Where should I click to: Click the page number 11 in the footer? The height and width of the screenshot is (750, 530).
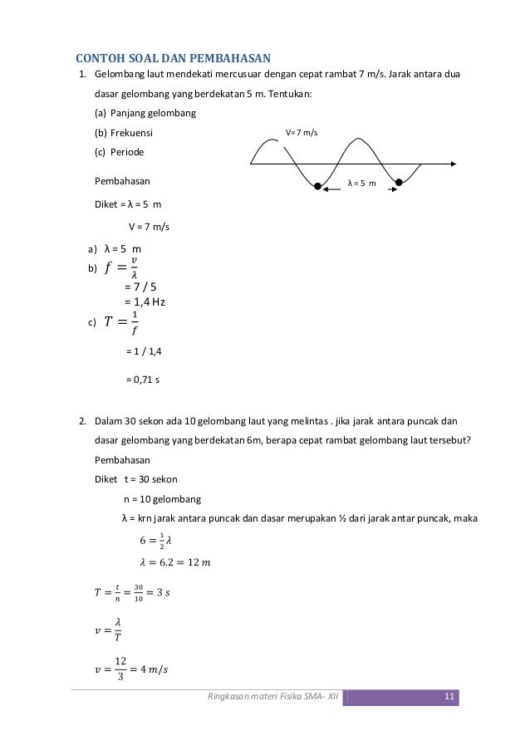[x=449, y=696]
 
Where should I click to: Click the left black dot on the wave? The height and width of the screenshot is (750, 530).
[x=317, y=186]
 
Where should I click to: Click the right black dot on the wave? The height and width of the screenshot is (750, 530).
[x=399, y=182]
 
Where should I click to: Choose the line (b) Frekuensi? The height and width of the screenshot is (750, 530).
[x=124, y=133]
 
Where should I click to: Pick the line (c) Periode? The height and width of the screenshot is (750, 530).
[x=119, y=153]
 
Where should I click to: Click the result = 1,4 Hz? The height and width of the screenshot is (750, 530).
[x=145, y=301]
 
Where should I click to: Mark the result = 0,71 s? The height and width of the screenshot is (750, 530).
[x=143, y=379]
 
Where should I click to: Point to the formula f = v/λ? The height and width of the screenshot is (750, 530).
[x=122, y=268]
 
